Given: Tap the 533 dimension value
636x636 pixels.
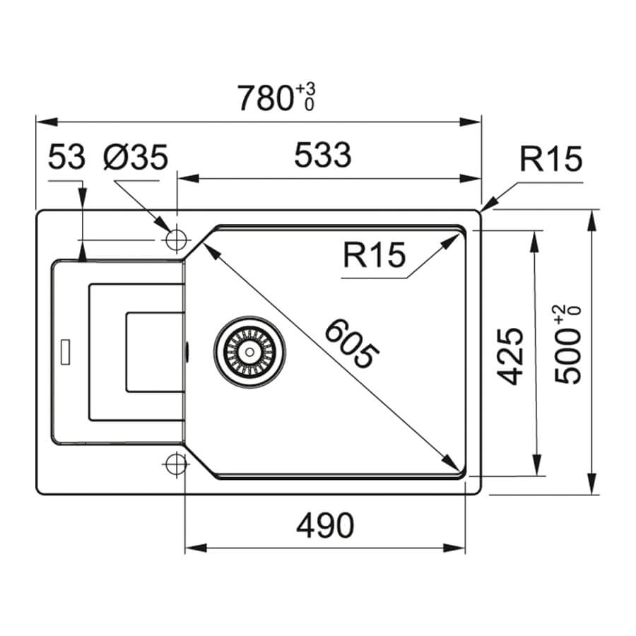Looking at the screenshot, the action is click(x=323, y=155).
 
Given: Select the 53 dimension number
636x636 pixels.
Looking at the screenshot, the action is click(x=66, y=157).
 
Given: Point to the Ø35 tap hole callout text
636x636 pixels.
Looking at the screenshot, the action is click(x=136, y=157).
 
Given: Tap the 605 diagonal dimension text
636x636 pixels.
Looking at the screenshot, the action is click(x=352, y=343).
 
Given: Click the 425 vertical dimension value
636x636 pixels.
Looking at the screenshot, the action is click(x=510, y=355).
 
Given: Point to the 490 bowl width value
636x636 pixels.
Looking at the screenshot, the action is click(x=325, y=525).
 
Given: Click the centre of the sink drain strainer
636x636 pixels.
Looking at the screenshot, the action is click(x=249, y=352).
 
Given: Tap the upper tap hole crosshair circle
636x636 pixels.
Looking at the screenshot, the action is click(x=177, y=240).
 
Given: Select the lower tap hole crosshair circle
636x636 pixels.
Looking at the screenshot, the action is click(x=177, y=464).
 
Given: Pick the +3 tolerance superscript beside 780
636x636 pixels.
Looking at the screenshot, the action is click(x=305, y=89).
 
